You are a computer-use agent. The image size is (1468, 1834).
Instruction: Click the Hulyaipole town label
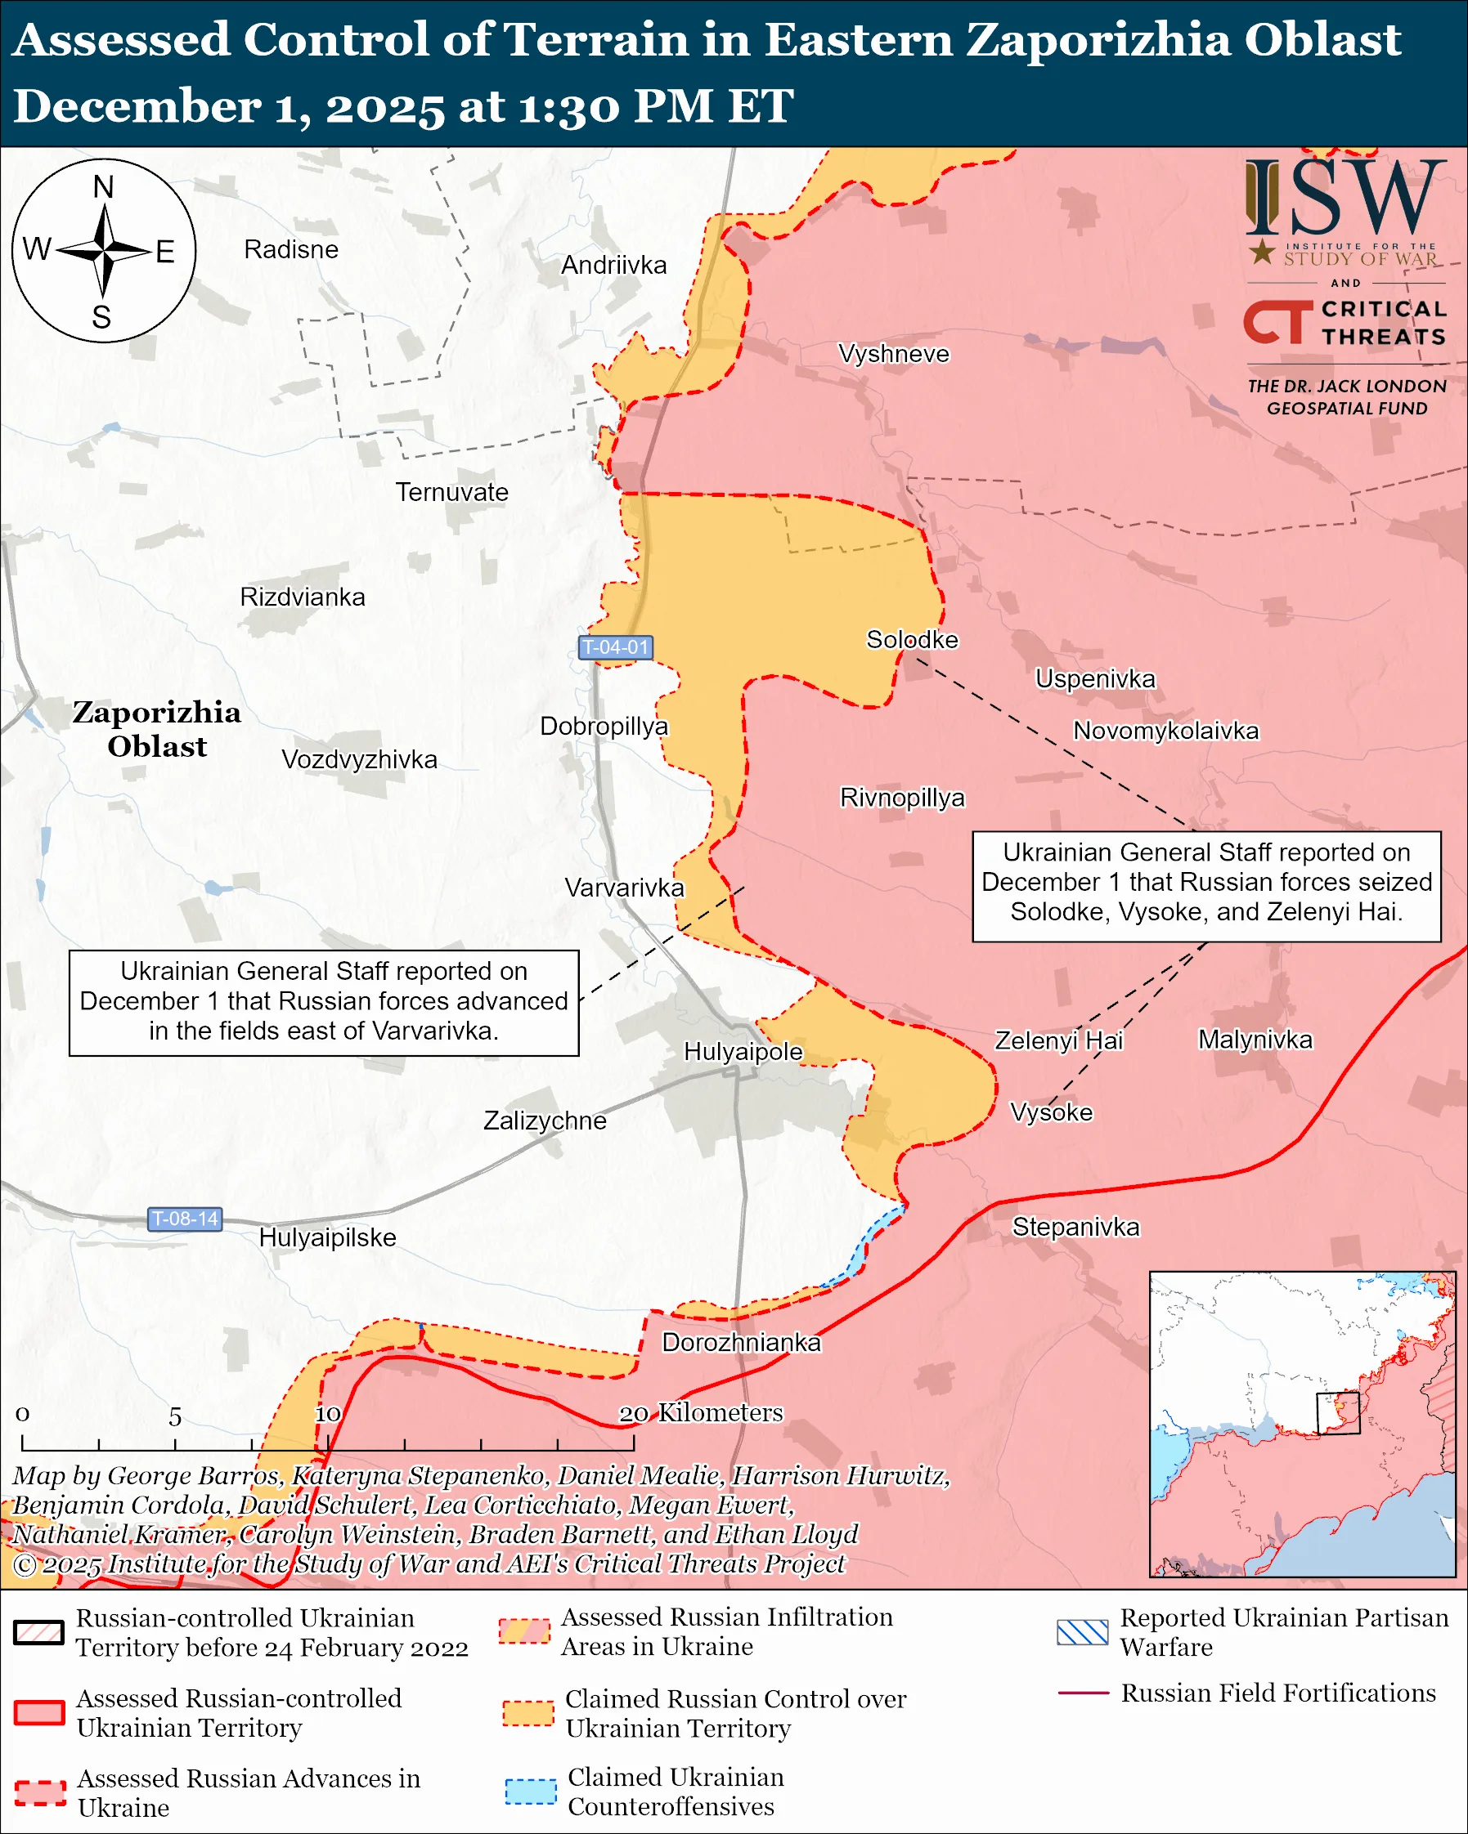[x=743, y=1051]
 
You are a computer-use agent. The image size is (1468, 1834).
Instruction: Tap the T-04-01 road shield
[x=615, y=647]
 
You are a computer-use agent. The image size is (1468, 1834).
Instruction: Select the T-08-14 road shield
[x=185, y=1219]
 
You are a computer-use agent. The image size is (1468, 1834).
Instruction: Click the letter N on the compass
[x=103, y=187]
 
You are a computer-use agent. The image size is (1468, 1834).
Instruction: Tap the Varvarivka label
[x=624, y=888]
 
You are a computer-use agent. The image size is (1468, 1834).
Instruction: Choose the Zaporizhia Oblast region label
[x=156, y=729]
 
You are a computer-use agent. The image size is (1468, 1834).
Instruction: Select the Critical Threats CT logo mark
[x=1277, y=322]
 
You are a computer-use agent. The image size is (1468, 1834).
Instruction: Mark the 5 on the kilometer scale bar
[x=174, y=1417]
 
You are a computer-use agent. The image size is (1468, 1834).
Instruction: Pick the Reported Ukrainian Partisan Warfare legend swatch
[x=1082, y=1632]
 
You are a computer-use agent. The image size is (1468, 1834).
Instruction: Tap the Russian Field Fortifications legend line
[x=1083, y=1693]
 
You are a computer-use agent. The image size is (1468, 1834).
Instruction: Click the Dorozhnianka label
[x=741, y=1342]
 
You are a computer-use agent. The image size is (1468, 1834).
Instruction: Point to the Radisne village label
[x=291, y=249]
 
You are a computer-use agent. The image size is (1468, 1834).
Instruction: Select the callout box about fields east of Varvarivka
[x=323, y=1002]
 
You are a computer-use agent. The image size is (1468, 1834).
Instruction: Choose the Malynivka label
[x=1255, y=1040]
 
